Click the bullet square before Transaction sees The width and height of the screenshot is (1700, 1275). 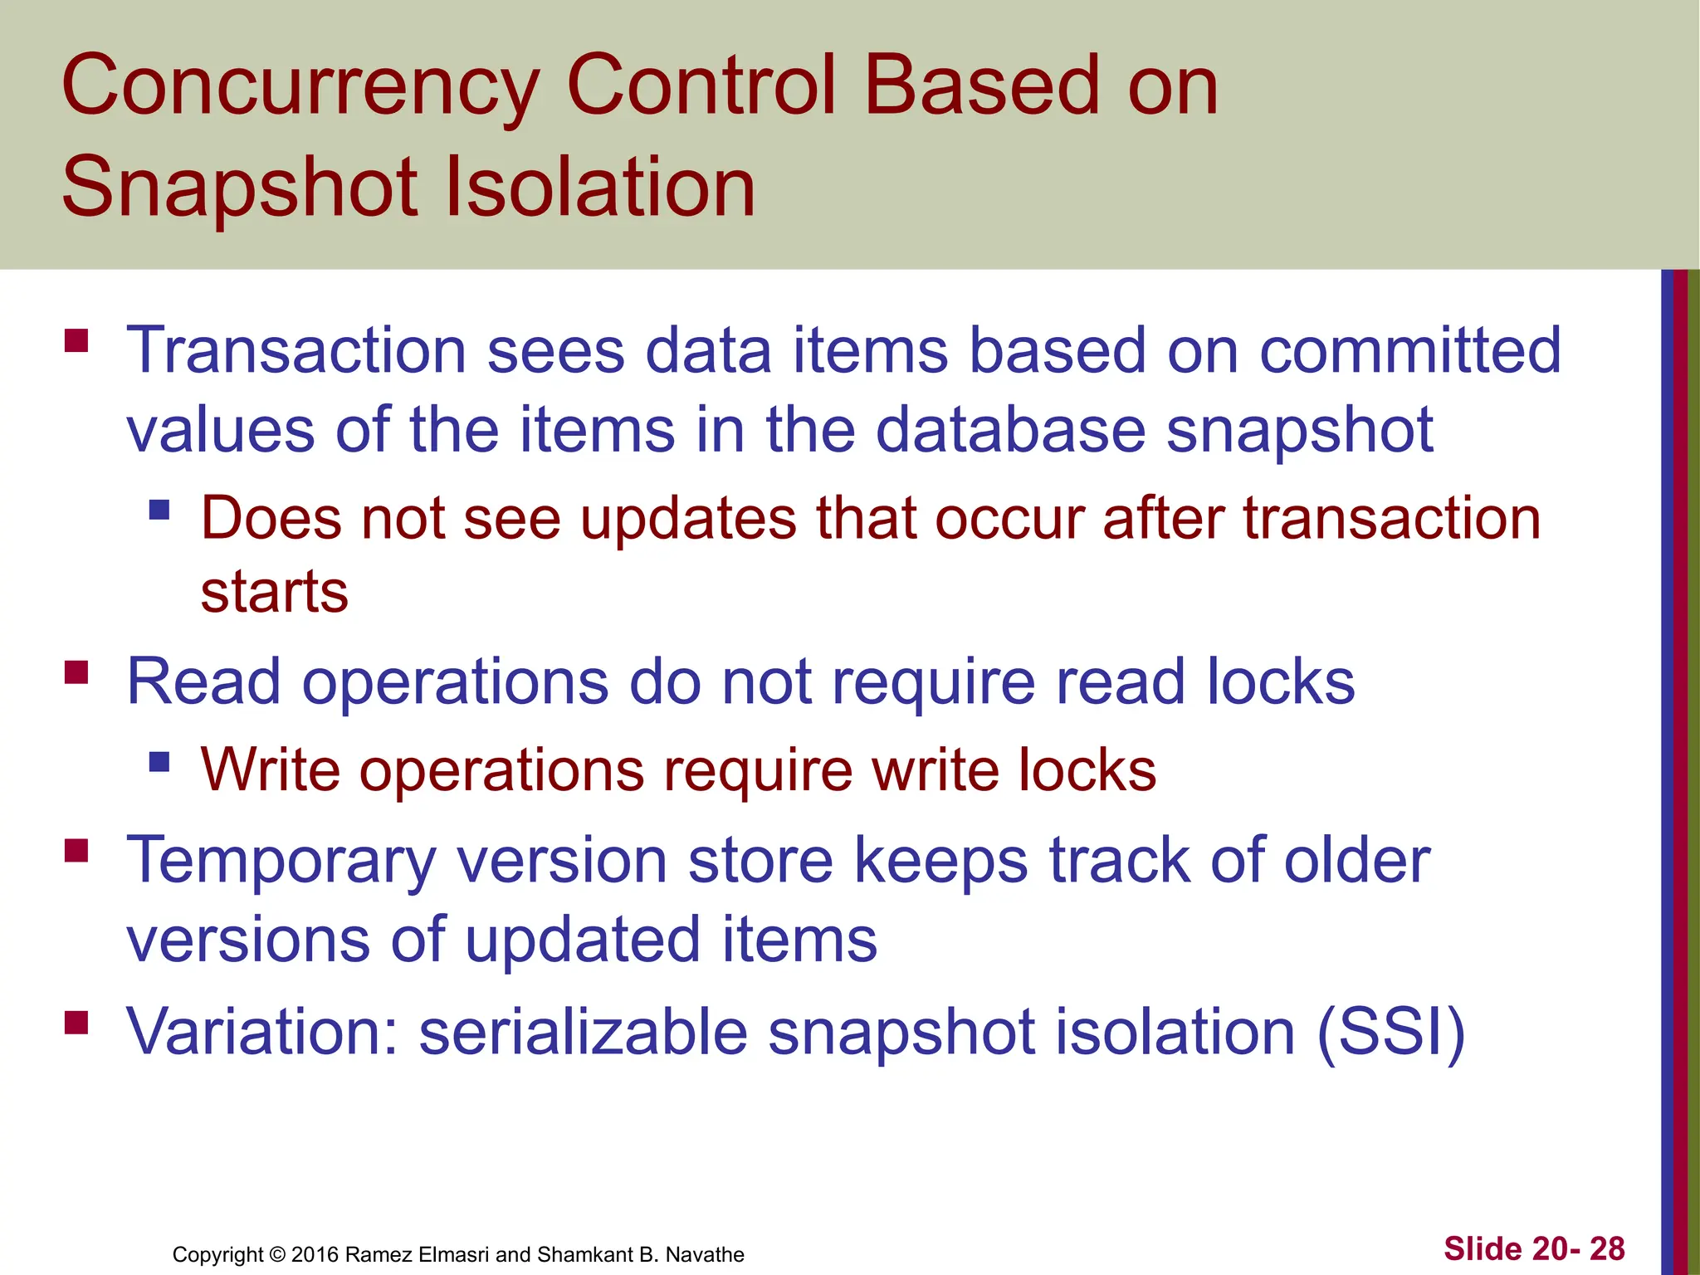(x=76, y=341)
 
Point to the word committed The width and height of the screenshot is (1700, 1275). (x=1409, y=350)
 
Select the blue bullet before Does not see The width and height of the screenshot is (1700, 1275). (x=159, y=509)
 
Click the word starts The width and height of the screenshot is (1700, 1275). (x=274, y=592)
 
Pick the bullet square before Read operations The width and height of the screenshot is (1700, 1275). (x=76, y=672)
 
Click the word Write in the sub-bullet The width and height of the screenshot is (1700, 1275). (x=271, y=769)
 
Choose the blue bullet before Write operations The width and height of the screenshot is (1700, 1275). (x=159, y=760)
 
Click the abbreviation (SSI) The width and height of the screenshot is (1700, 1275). (x=1391, y=1033)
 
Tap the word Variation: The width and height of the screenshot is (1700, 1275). (x=262, y=1033)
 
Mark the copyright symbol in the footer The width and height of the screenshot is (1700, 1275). (x=277, y=1254)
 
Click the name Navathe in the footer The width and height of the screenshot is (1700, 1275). (x=705, y=1254)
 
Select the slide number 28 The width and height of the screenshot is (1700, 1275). (x=1607, y=1248)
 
